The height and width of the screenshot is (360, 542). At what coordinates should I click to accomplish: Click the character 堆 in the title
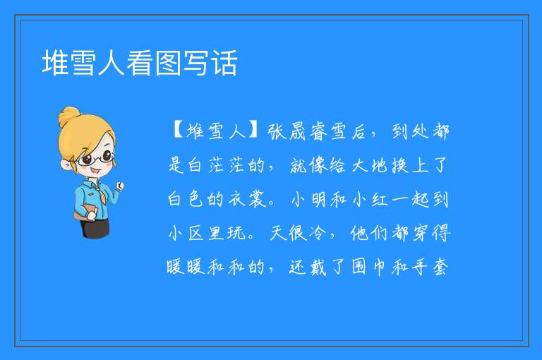55,63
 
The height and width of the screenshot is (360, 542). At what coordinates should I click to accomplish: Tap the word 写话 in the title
210,63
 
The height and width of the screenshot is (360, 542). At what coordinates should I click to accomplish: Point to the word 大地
370,165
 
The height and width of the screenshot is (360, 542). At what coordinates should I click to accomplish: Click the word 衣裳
247,199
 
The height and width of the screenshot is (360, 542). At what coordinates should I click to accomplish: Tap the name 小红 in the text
370,199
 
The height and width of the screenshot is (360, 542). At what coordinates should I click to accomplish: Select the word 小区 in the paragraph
186,233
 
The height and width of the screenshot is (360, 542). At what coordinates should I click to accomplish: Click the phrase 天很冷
297,233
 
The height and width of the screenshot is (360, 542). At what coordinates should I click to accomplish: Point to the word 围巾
369,267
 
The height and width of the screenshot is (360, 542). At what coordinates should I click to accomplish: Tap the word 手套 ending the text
430,267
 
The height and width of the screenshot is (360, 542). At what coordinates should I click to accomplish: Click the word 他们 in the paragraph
369,233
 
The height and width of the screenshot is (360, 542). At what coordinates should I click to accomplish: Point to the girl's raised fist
119,186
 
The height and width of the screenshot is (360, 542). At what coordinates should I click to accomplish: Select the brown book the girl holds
84,212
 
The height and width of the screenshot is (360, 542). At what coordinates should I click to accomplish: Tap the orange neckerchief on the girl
100,194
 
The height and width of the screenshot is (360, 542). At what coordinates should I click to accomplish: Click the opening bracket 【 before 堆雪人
177,132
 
